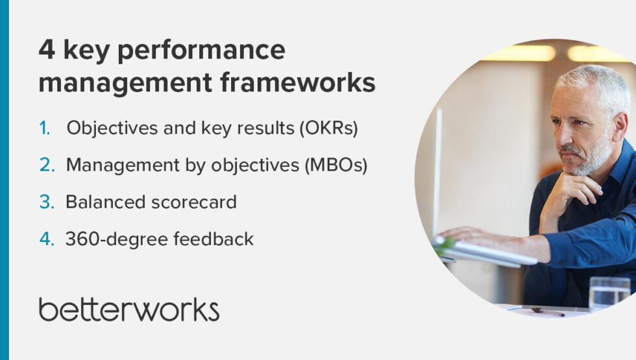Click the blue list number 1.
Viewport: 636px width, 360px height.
45,128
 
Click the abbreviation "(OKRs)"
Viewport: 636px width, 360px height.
328,128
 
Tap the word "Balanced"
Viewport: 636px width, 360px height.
104,202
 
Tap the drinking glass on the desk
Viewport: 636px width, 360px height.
609,293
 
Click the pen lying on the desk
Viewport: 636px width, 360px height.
547,311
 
